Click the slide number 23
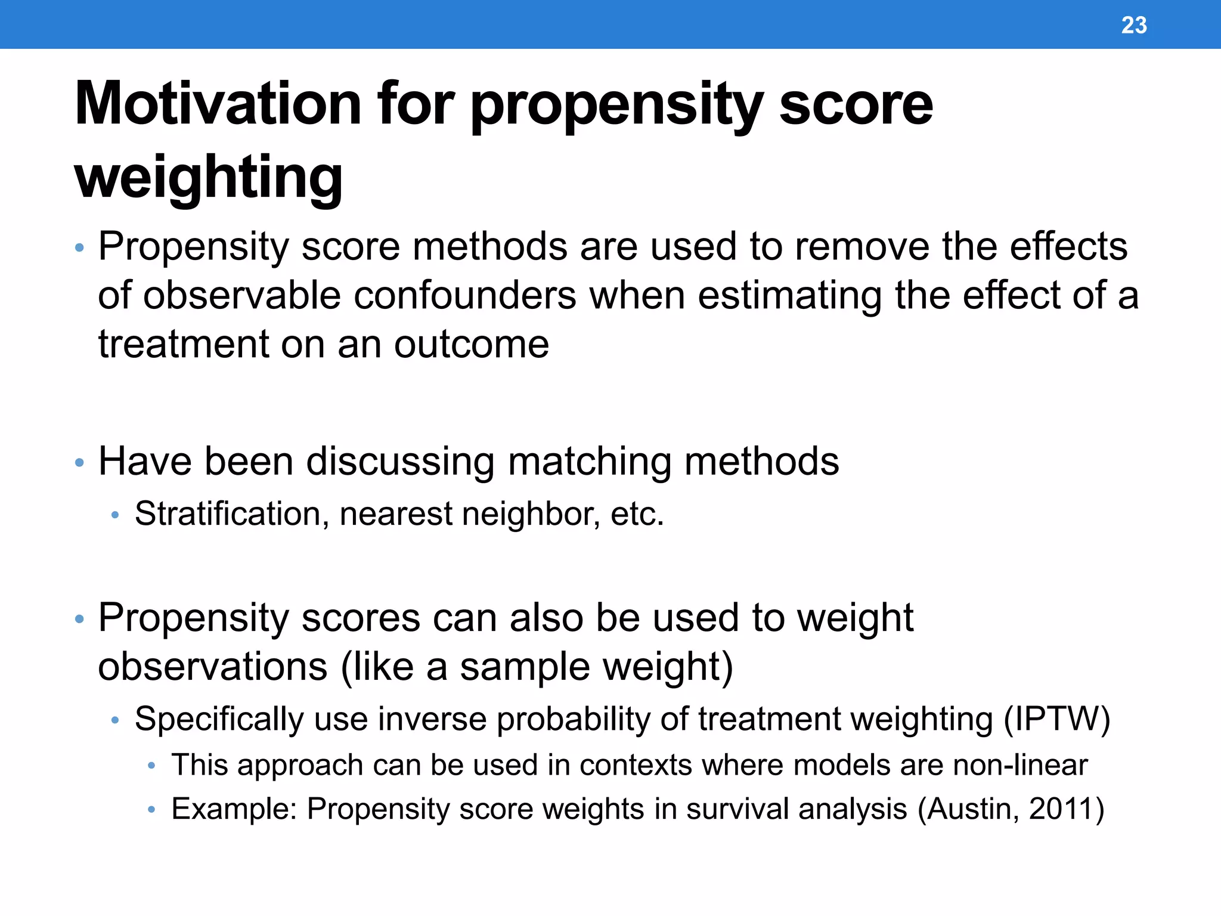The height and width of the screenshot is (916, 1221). click(1133, 25)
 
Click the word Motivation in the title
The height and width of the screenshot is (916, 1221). click(218, 104)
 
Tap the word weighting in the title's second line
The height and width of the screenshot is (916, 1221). click(209, 177)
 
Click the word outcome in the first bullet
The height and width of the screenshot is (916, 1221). click(471, 345)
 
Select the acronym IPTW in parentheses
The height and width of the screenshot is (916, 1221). click(1056, 719)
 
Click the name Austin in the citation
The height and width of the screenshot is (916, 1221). click(972, 809)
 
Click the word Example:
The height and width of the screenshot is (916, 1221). click(234, 809)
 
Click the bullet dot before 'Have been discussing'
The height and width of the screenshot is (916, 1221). click(79, 463)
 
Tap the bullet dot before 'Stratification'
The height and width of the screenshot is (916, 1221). click(116, 515)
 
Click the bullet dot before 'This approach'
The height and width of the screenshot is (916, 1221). click(152, 766)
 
